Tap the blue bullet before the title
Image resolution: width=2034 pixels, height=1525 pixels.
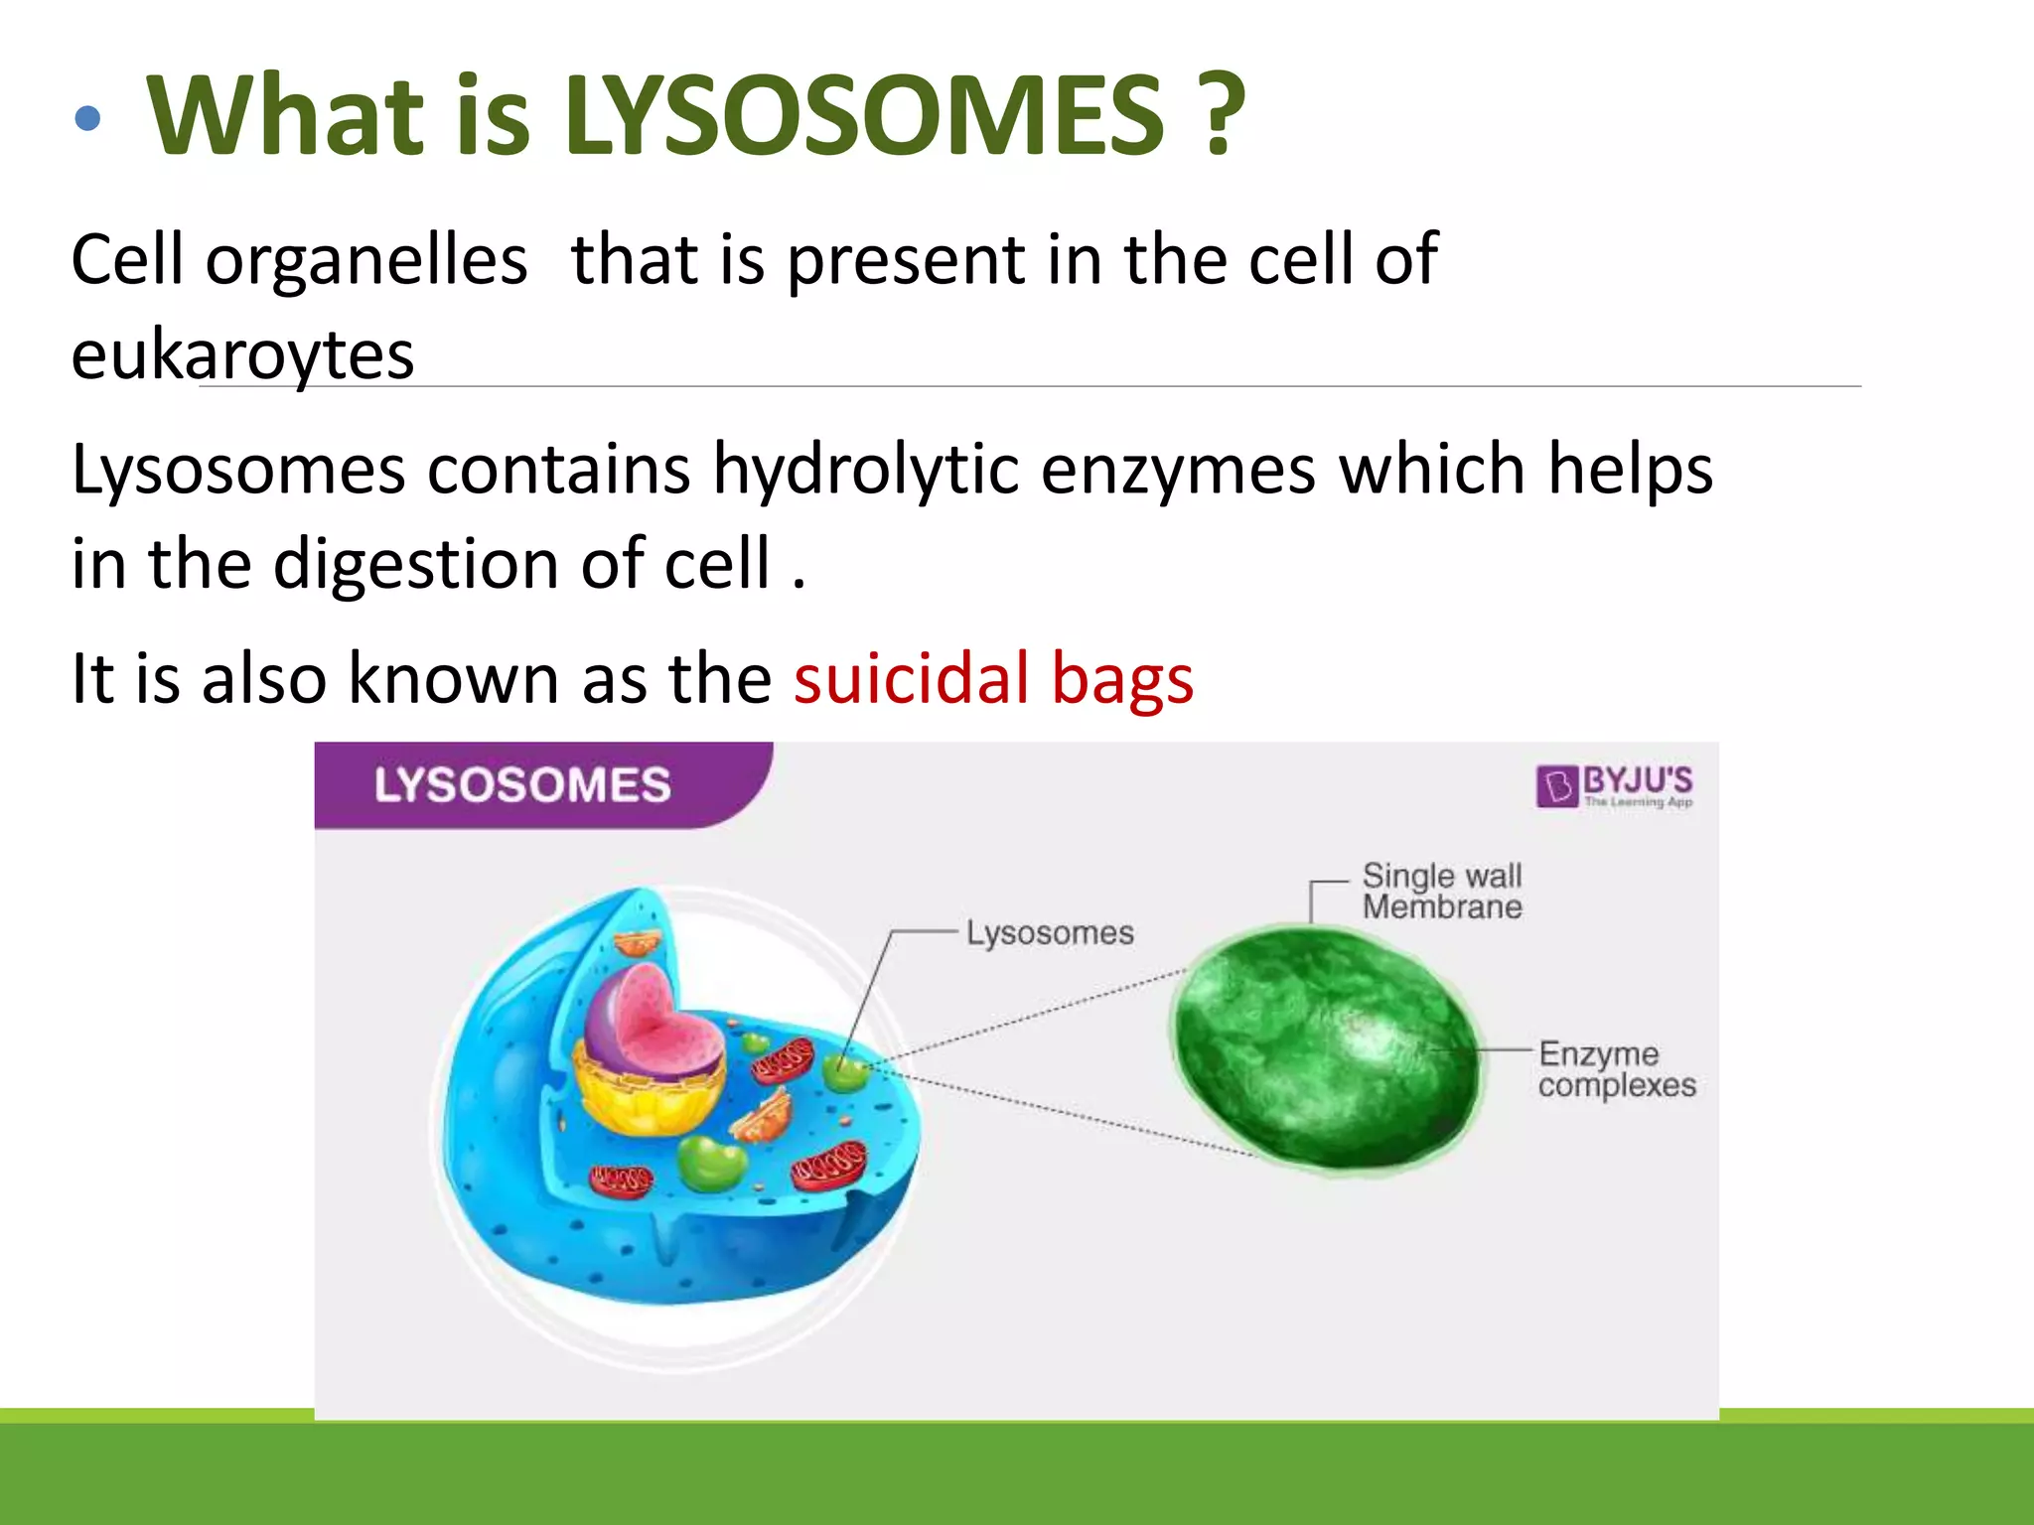click(87, 119)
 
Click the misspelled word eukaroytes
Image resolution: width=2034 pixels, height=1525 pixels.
click(242, 355)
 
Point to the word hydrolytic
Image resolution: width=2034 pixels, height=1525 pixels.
click(865, 470)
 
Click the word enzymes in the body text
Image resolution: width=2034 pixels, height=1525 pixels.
click(1177, 470)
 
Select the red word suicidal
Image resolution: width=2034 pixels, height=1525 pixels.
click(911, 680)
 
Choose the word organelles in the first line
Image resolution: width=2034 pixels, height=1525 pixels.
click(365, 260)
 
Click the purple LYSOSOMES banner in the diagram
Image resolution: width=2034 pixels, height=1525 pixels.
click(523, 784)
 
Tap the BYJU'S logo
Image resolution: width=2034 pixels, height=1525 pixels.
click(1615, 786)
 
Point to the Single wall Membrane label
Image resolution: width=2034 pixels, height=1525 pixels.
click(1441, 891)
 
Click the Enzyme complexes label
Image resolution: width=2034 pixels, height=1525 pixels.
click(1616, 1068)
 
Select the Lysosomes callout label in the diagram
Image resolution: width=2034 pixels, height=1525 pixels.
click(1050, 933)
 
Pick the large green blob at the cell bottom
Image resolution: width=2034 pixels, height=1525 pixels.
click(712, 1162)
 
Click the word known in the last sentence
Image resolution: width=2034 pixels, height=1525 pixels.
click(453, 680)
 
